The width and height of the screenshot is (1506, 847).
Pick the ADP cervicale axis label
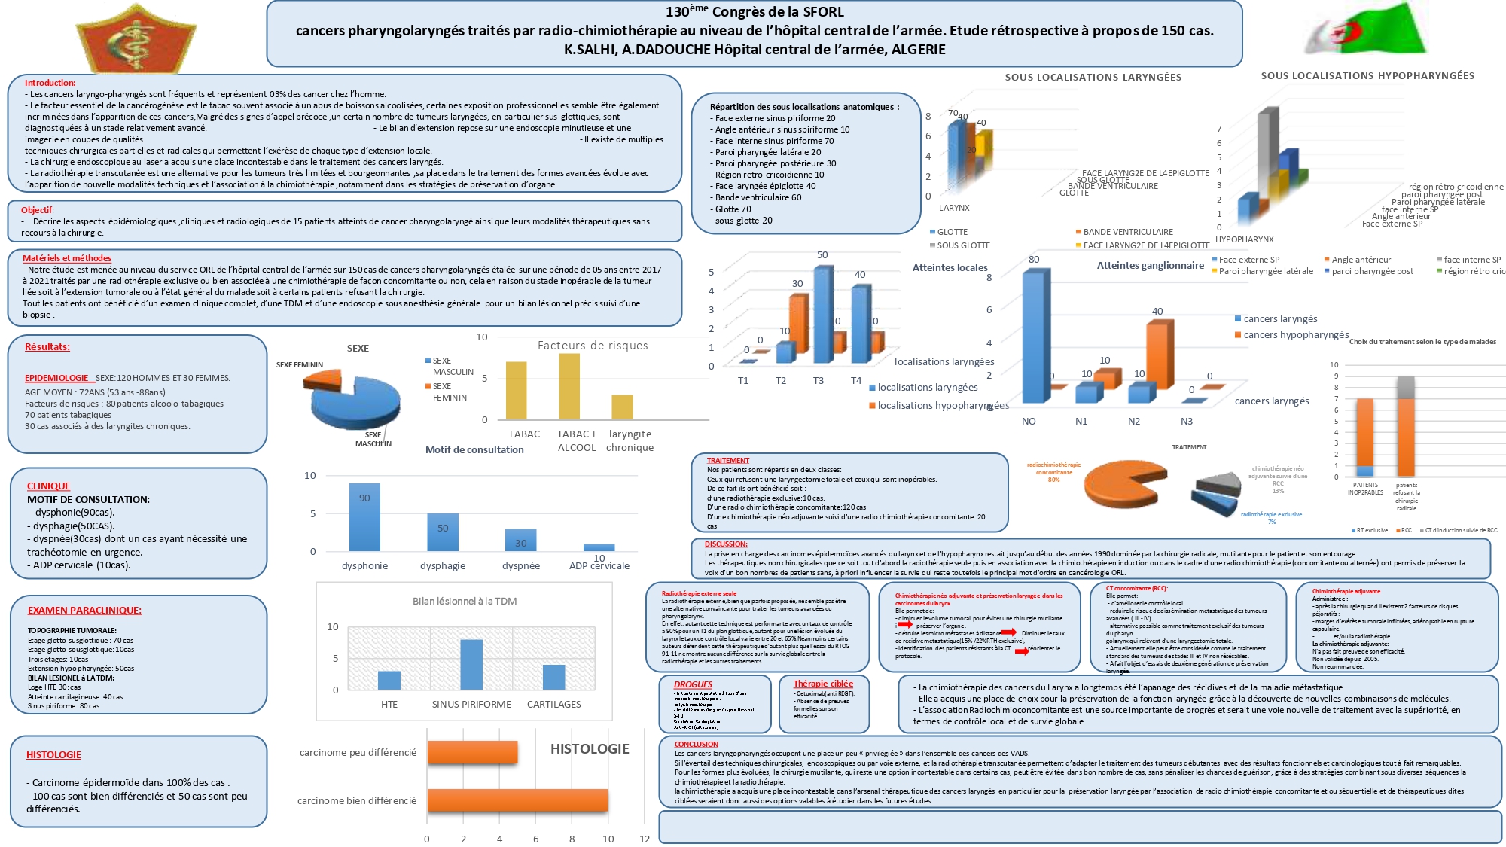point(599,566)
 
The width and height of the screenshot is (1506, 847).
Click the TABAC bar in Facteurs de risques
point(517,390)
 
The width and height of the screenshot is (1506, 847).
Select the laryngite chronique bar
point(622,407)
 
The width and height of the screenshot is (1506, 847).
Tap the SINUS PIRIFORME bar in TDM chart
point(471,664)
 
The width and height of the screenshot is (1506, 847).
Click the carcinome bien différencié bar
point(517,800)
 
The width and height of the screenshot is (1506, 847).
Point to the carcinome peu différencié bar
point(472,752)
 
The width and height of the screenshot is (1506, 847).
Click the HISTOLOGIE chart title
point(590,749)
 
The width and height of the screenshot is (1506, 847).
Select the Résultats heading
point(47,347)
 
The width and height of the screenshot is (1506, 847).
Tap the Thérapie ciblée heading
point(823,684)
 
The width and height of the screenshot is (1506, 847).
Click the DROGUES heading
point(693,684)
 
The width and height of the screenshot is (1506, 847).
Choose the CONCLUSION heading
point(697,744)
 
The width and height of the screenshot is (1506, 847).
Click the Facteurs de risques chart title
point(593,346)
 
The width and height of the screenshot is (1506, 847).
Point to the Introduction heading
point(50,83)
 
